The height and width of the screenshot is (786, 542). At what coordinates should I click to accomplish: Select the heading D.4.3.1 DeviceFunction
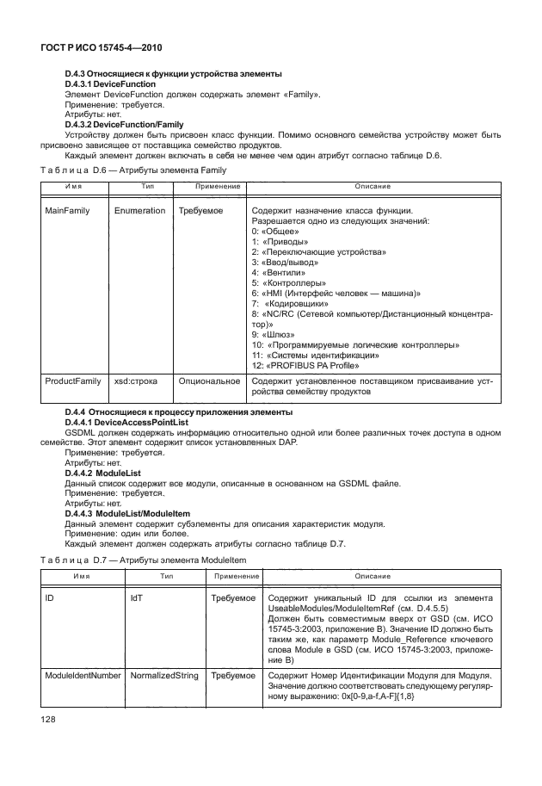point(110,84)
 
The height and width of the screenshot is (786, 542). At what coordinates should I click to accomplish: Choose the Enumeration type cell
point(139,211)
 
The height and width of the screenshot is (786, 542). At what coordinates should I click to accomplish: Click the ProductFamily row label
point(73,380)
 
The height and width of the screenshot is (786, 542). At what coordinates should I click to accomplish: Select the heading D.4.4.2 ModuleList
point(103,473)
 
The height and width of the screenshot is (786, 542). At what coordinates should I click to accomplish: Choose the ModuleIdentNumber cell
point(82,676)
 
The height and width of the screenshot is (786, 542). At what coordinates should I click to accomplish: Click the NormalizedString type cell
point(164,676)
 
